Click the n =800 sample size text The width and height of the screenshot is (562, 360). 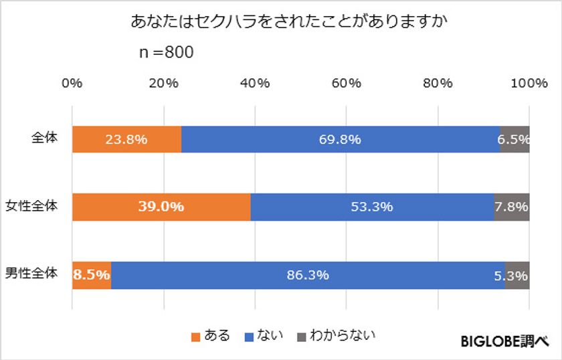pos(166,52)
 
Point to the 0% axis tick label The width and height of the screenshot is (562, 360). pos(72,83)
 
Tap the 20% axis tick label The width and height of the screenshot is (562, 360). pos(163,83)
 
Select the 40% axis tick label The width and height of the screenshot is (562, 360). pos(255,83)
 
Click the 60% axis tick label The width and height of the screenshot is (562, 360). pos(346,83)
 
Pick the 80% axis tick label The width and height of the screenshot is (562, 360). pos(438,83)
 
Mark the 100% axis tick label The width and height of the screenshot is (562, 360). pos(529,83)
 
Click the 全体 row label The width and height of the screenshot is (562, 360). pos(45,138)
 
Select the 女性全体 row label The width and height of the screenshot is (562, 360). pos(31,205)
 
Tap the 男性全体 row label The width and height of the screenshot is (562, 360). pos(31,273)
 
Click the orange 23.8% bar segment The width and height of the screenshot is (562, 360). pos(126,139)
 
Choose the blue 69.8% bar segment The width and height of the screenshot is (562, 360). pos(341,139)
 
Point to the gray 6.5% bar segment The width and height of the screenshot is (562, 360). pos(514,139)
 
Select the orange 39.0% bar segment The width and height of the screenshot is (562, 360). pos(161,207)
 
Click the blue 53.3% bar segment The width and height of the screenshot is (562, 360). pos(372,207)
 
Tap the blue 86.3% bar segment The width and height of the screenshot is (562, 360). pos(308,275)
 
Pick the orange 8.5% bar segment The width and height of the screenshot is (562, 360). pos(92,275)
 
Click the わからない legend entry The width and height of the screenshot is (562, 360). pos(335,335)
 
